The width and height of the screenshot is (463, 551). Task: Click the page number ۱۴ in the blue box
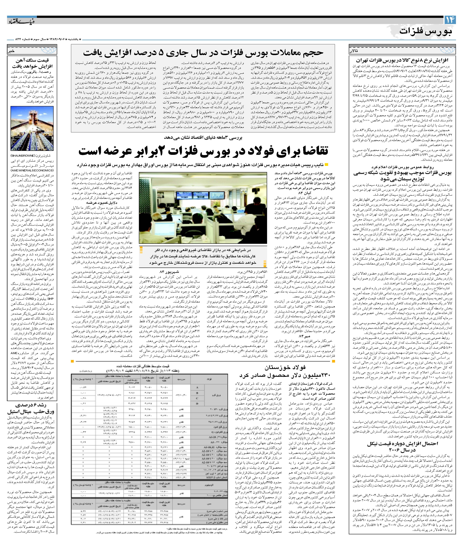(450, 20)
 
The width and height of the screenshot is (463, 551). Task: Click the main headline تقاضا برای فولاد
(203, 151)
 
